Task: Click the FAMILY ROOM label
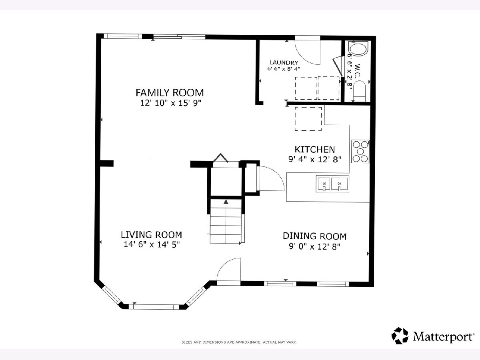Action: tap(170, 93)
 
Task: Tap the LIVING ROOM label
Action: tap(152, 235)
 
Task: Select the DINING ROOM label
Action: tap(315, 236)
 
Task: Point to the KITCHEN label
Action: tap(315, 150)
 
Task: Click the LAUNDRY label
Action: tap(284, 63)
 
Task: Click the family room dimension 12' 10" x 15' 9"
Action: tap(170, 103)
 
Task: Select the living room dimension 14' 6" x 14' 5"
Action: tap(152, 244)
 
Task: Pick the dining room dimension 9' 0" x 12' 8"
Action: tap(315, 246)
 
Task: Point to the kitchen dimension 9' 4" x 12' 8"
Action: tap(315, 159)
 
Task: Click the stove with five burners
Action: tap(360, 152)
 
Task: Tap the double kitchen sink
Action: tap(332, 184)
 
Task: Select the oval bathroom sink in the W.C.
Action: tap(358, 50)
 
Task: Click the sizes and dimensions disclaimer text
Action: tap(239, 342)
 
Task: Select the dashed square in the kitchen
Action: tap(308, 119)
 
